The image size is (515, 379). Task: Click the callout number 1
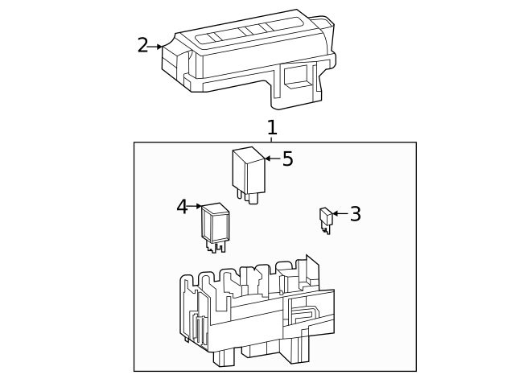[x=272, y=127]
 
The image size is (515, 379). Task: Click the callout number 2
[x=142, y=46]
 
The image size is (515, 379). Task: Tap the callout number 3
[x=355, y=214]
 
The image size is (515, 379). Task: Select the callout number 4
[x=182, y=207]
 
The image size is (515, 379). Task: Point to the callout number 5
[x=287, y=159]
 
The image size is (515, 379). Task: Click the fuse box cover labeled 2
[x=249, y=60]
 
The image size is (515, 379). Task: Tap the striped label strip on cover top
[x=241, y=35]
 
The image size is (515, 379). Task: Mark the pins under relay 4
[x=216, y=245]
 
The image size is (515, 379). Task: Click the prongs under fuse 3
[x=327, y=229]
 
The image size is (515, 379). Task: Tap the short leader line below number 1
[x=272, y=140]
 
